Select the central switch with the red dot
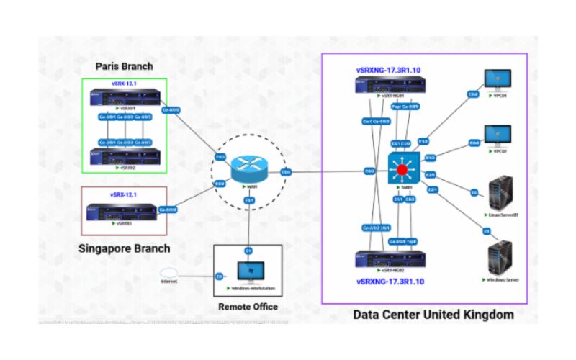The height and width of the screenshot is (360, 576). [x=401, y=171]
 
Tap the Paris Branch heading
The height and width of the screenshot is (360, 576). [x=125, y=66]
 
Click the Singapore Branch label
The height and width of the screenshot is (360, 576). [x=124, y=248]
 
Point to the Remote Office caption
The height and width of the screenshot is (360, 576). [x=248, y=307]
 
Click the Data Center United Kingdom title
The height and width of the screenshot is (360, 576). [x=433, y=315]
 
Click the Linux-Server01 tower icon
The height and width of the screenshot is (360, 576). [x=501, y=192]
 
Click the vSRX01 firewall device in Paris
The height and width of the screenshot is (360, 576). [x=124, y=97]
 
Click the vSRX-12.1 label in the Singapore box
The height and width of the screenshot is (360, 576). [x=124, y=195]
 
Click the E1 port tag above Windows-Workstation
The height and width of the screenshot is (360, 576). [x=248, y=250]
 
